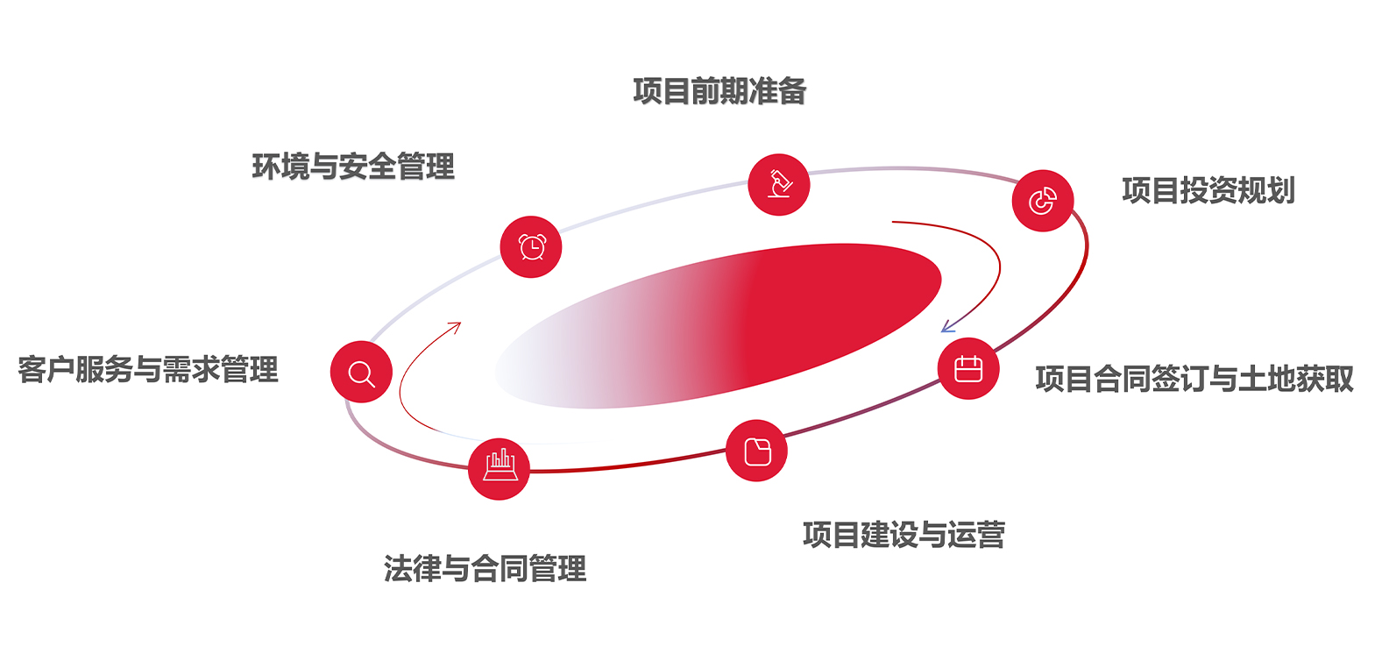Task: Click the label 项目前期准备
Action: point(719,91)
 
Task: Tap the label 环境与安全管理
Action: point(353,167)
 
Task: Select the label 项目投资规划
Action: point(1208,190)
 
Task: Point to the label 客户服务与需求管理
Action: point(148,370)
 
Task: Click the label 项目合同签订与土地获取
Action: point(1194,379)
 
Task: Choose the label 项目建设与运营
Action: point(904,534)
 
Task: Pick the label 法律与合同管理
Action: point(485,568)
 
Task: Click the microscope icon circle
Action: point(779,184)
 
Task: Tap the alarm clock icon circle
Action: point(531,246)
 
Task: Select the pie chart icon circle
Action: point(1043,201)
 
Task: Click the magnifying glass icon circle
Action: point(362,372)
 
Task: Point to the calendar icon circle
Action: point(968,368)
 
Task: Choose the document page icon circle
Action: point(756,451)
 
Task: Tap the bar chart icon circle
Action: point(500,468)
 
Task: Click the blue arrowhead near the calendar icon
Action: point(946,326)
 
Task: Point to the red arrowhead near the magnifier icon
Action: point(455,327)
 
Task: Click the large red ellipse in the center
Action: point(718,326)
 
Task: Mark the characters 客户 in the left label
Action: point(46,370)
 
